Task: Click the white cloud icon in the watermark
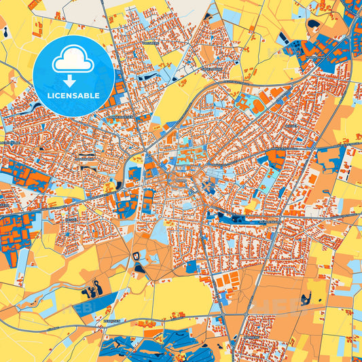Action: click(x=73, y=59)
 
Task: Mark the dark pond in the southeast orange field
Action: click(x=306, y=297)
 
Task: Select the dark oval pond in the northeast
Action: click(x=314, y=24)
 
